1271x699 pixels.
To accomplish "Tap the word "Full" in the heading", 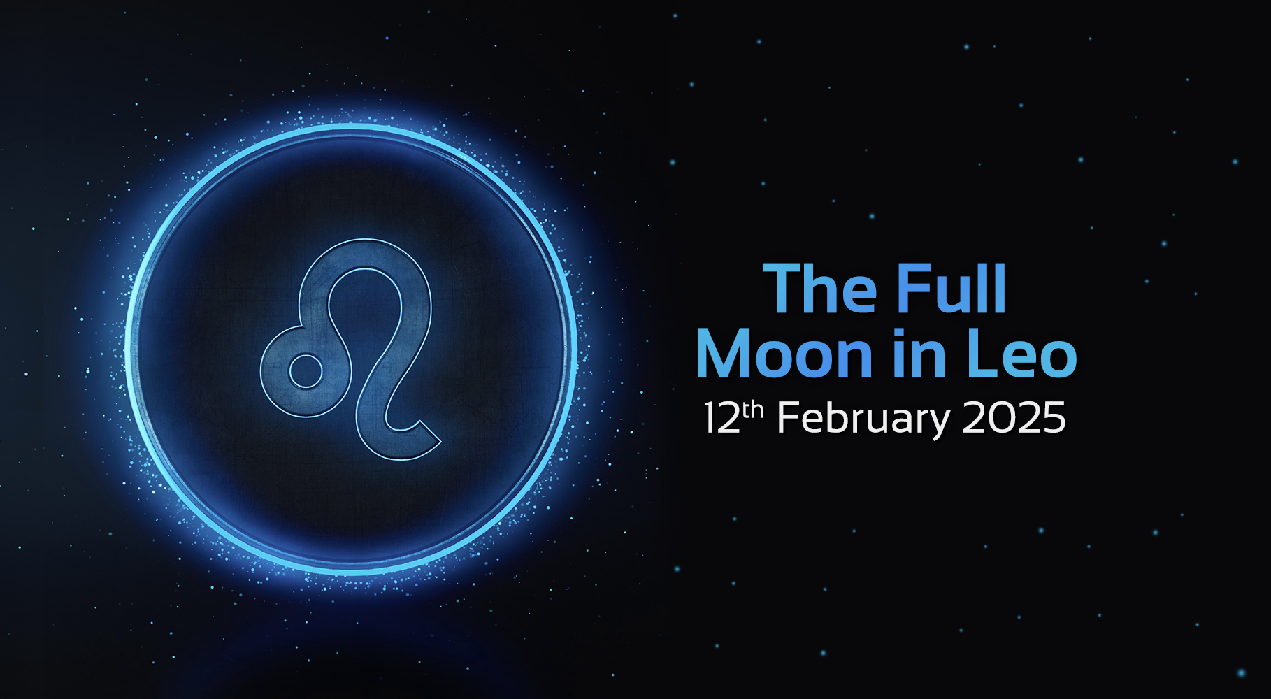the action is point(952,289).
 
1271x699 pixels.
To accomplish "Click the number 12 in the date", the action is point(721,419).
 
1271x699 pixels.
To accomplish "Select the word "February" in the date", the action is point(863,419).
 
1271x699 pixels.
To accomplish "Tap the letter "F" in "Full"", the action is point(914,289).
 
